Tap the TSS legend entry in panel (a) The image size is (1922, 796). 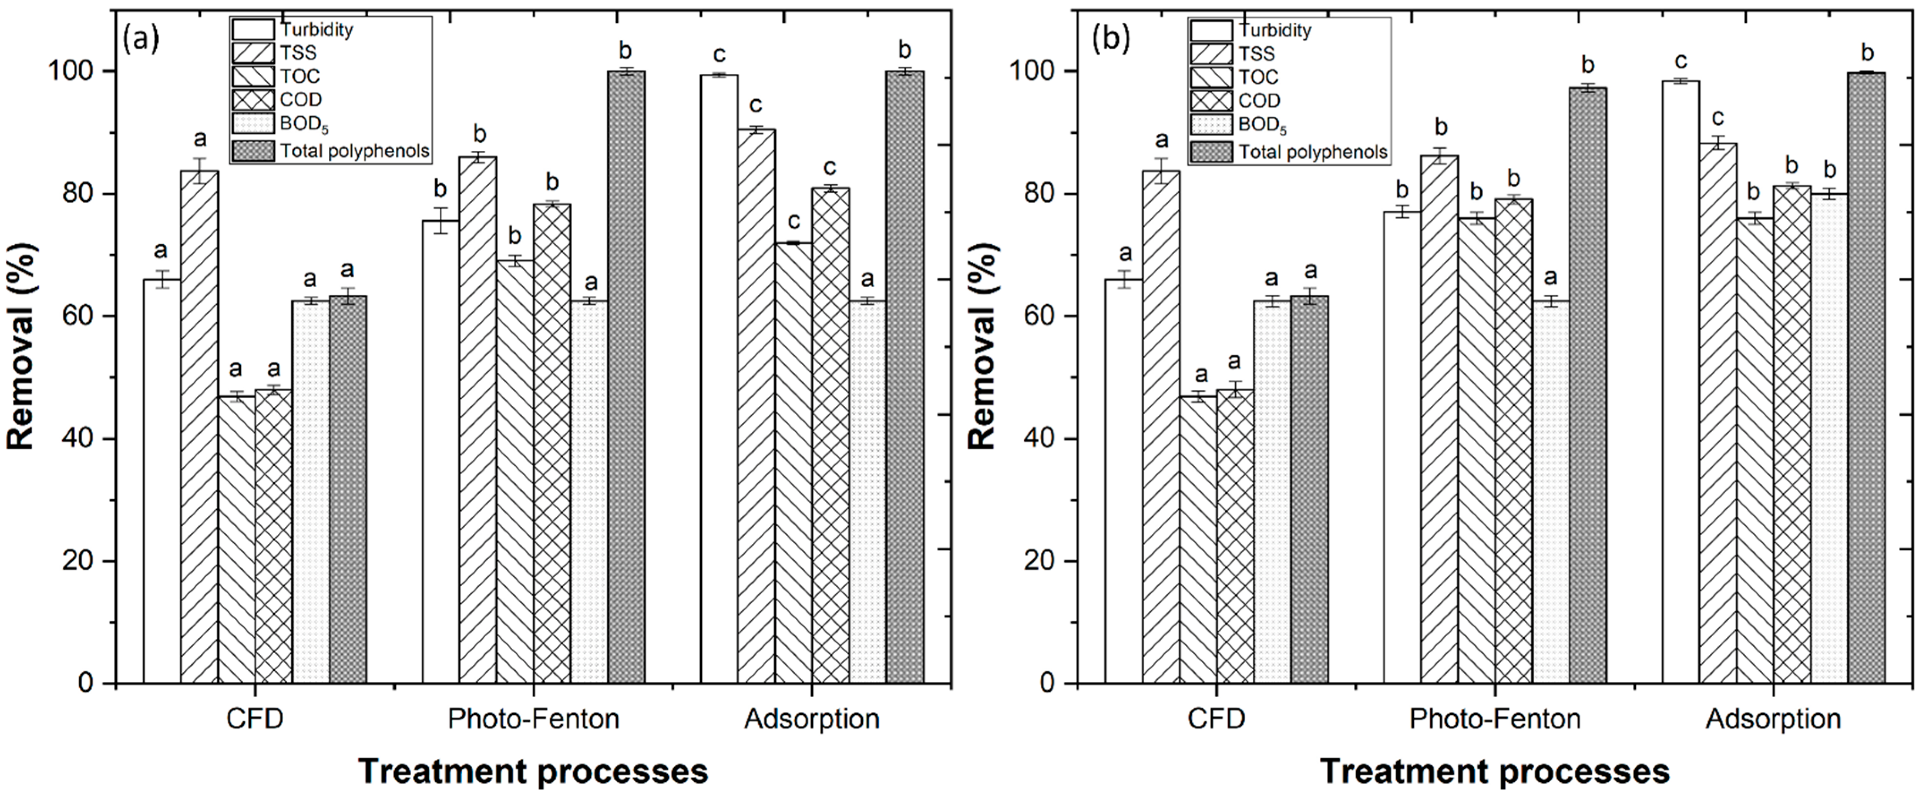coord(298,53)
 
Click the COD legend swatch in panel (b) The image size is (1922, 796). coord(1210,100)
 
